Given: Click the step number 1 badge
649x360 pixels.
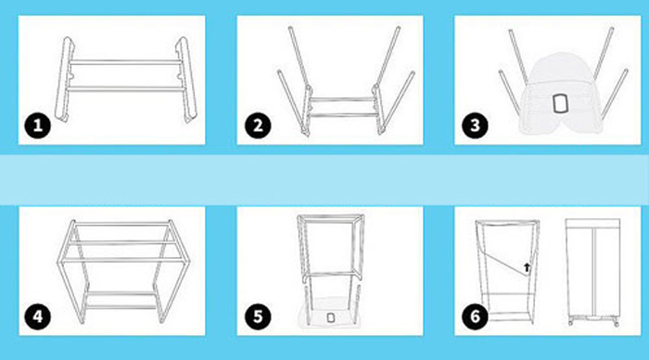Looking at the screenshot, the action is [x=38, y=125].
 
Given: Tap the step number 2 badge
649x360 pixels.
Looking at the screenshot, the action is [x=258, y=125].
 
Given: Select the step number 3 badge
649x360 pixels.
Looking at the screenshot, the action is [x=475, y=125].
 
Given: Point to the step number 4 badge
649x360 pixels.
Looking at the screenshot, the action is [x=38, y=316].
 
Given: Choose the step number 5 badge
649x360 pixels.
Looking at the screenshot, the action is [x=258, y=316].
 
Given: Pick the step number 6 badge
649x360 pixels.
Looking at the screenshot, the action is [x=475, y=316].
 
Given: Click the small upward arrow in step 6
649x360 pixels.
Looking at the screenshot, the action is [x=527, y=267].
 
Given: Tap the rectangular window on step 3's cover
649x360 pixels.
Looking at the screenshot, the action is [x=560, y=104].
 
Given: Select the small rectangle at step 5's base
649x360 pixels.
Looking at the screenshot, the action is [x=330, y=317].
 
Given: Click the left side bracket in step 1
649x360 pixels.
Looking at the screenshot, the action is [x=65, y=80].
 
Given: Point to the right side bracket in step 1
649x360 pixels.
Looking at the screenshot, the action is [x=185, y=80].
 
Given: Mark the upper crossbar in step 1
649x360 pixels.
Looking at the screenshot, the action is [x=125, y=62].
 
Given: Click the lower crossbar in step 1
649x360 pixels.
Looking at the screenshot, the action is [x=125, y=89].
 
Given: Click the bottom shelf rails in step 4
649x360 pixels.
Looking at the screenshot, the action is [x=121, y=300].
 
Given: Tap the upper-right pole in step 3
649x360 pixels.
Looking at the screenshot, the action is [x=604, y=54].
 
